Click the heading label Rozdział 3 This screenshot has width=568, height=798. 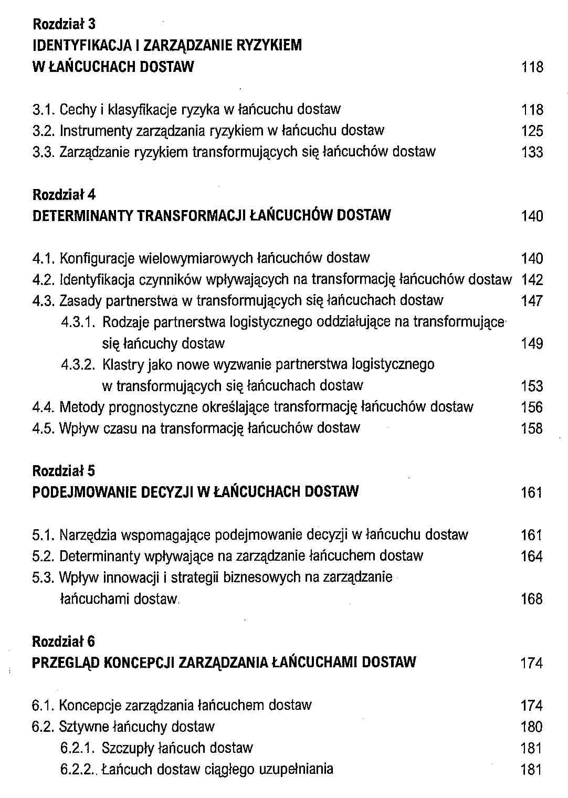pyautogui.click(x=64, y=24)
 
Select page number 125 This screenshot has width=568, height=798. pyautogui.click(x=532, y=131)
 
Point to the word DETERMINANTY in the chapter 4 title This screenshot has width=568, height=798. pyautogui.click(x=82, y=216)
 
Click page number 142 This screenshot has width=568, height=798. pyautogui.click(x=532, y=280)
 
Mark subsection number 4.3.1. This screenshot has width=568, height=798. pyautogui.click(x=78, y=322)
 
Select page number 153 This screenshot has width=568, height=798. pyautogui.click(x=532, y=386)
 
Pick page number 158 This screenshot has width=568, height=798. pyautogui.click(x=532, y=429)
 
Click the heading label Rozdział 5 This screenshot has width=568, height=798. pyautogui.click(x=64, y=471)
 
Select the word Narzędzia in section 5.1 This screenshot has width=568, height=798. pyautogui.click(x=88, y=535)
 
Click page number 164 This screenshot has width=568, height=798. pyautogui.click(x=531, y=556)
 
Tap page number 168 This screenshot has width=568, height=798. pyautogui.click(x=531, y=599)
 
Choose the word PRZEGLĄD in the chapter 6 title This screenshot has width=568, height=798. pyautogui.click(x=66, y=663)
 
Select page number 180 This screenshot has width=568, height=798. pyautogui.click(x=531, y=727)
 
